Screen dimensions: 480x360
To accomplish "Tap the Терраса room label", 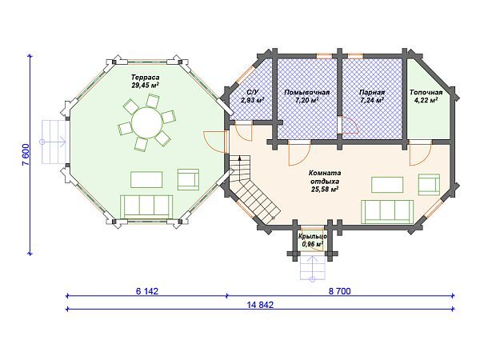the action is click(146, 77).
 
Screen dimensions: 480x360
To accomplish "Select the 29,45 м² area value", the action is click(146, 85).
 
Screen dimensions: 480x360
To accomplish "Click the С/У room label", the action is click(253, 92).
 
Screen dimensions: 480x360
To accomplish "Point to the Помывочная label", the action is click(307, 92).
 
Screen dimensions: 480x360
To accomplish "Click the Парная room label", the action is click(372, 92).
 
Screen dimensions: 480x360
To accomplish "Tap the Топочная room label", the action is click(426, 92).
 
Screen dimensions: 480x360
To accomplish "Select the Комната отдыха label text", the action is click(325, 177).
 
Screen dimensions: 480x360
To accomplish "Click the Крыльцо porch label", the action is click(312, 237).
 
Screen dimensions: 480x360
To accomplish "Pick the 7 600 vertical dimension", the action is click(26, 154).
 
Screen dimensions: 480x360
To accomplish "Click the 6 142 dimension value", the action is click(147, 291).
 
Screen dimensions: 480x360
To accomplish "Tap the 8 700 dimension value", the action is click(340, 291).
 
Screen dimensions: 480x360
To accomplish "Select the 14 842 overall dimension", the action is click(260, 305).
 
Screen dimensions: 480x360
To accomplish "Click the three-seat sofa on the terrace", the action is click(146, 206).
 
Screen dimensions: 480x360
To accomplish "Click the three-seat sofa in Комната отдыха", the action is click(387, 211).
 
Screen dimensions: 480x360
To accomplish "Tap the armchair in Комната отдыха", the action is click(429, 185).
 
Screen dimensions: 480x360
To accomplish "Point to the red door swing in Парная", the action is click(350, 126).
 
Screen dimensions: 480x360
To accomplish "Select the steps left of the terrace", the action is click(54, 142).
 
